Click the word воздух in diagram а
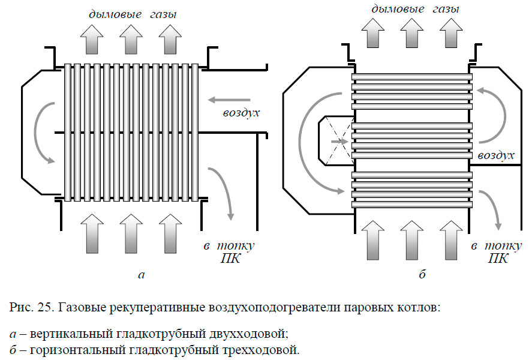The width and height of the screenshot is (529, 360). (x=241, y=113)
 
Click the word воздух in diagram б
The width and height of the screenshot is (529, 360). (x=497, y=155)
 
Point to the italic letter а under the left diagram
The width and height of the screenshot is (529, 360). (x=141, y=275)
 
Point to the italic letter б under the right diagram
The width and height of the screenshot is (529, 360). (x=422, y=275)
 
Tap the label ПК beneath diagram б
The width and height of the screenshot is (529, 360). (x=497, y=259)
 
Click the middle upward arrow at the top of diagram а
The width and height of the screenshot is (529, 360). (x=131, y=41)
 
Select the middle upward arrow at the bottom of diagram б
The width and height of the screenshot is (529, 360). (x=411, y=237)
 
